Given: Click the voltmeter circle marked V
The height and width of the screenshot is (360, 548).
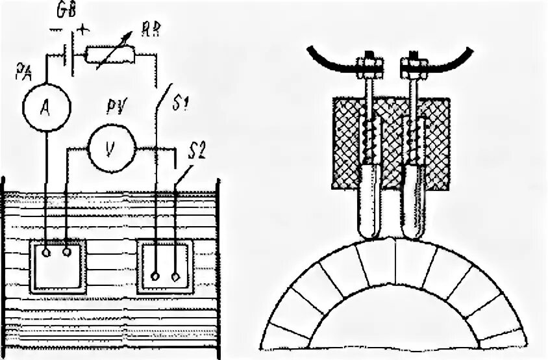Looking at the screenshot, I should pyautogui.click(x=110, y=148).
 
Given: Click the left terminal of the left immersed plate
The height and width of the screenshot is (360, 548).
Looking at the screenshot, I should pyautogui.click(x=46, y=253).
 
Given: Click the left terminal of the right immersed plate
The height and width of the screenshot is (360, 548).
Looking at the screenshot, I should pyautogui.click(x=155, y=276).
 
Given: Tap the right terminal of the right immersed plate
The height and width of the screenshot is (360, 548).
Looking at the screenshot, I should pyautogui.click(x=176, y=276).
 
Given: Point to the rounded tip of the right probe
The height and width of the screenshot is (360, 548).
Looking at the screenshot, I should pyautogui.click(x=413, y=230).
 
